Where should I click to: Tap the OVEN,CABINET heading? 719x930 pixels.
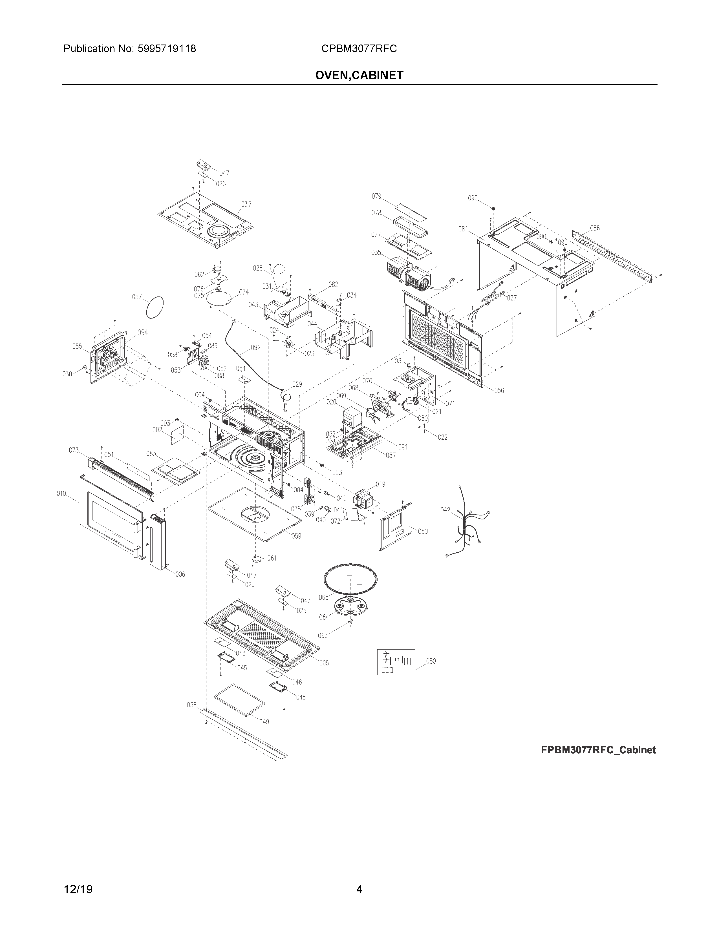[x=359, y=75]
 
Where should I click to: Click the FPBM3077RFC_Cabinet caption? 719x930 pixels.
[x=598, y=750]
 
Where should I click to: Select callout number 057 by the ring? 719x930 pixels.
[x=137, y=297]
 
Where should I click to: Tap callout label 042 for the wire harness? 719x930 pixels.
[x=445, y=510]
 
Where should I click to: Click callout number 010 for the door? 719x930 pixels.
[x=61, y=493]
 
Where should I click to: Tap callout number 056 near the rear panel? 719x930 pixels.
[x=499, y=391]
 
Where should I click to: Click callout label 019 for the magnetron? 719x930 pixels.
[x=380, y=484]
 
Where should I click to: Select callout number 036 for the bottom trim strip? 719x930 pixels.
[x=192, y=705]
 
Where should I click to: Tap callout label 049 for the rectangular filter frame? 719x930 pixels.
[x=264, y=722]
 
